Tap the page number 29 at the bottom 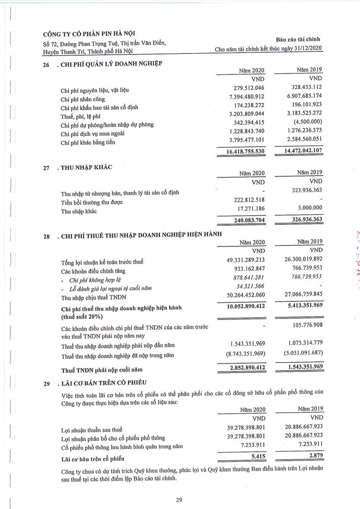[179, 500]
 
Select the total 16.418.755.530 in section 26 [241, 151]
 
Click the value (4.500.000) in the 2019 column [307, 124]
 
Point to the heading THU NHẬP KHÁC [87, 167]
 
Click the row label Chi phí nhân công [83, 99]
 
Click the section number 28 [47, 237]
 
